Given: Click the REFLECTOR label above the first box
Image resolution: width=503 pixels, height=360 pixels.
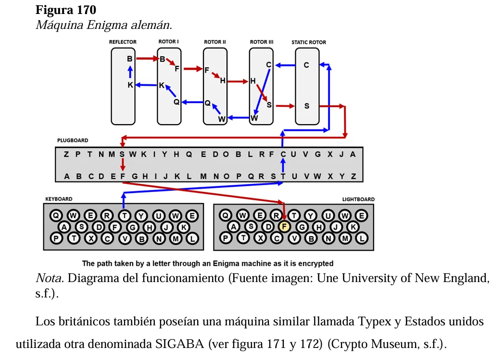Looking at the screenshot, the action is pyautogui.click(x=123, y=42).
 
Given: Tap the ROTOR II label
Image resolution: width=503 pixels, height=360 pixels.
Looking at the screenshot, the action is pyautogui.click(x=215, y=42).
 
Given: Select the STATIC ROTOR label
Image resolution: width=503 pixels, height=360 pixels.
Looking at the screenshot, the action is pyautogui.click(x=309, y=42).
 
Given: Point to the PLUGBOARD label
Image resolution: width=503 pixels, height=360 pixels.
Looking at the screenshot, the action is pyautogui.click(x=73, y=141).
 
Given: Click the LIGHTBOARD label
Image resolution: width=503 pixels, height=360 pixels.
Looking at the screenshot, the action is pyautogui.click(x=358, y=199).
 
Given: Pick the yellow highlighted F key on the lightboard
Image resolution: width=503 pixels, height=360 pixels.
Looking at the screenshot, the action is pyautogui.click(x=284, y=227).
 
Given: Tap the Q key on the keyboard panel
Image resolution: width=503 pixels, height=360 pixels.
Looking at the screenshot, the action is pyautogui.click(x=56, y=216).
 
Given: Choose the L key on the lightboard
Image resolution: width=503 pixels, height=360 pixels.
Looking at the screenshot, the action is pyautogui.click(x=362, y=239).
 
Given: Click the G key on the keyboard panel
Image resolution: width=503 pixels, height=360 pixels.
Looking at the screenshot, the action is pyautogui.click(x=133, y=227).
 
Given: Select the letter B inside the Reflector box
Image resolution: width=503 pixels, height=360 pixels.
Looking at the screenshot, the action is pyautogui.click(x=130, y=59).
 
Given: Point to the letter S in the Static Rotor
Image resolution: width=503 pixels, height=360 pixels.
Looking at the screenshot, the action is pyautogui.click(x=307, y=106).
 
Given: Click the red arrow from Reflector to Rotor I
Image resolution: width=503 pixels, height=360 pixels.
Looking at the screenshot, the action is pyautogui.click(x=148, y=58).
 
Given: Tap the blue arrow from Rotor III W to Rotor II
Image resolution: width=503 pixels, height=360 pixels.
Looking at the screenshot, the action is pyautogui.click(x=239, y=118).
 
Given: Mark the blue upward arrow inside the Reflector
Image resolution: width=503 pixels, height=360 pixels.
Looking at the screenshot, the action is pyautogui.click(x=130, y=72).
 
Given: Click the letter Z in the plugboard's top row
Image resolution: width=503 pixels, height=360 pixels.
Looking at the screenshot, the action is pyautogui.click(x=66, y=154).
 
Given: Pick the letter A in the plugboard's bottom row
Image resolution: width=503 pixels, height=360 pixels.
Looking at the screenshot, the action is pyautogui.click(x=67, y=176).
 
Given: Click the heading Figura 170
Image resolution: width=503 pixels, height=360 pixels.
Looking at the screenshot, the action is pyautogui.click(x=66, y=10).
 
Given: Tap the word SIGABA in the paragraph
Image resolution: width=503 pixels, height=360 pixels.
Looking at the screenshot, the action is pyautogui.click(x=180, y=344).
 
